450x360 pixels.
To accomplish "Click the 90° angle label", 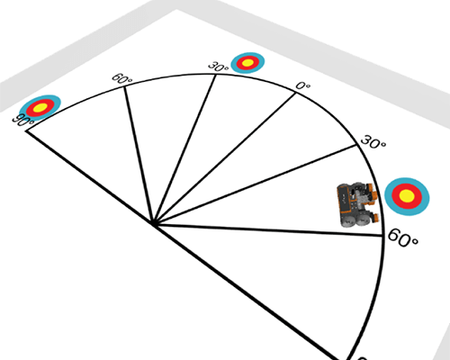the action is click(x=23, y=121).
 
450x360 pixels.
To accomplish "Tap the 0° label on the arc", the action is click(x=303, y=86).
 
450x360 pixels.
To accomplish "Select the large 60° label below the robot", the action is click(x=402, y=238).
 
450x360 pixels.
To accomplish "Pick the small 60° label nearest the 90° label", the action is click(x=121, y=79).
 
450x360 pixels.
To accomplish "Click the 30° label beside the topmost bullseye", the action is click(x=219, y=67).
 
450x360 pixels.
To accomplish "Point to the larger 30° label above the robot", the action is click(x=373, y=142).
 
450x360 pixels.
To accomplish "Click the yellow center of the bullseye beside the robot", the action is click(x=407, y=196).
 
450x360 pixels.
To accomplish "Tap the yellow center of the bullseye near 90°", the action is click(x=40, y=107).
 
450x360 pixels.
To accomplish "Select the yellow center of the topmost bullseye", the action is click(x=247, y=63).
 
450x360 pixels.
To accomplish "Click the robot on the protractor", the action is click(x=357, y=204).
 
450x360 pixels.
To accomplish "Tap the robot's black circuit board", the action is click(x=345, y=201).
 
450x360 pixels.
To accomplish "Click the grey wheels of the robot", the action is click(x=356, y=220).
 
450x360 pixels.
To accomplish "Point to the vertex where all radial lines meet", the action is click(x=154, y=223).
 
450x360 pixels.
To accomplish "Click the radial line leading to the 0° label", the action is click(x=225, y=158).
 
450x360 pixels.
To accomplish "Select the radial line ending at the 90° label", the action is click(x=90, y=177).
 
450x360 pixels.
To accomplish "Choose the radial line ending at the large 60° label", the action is click(x=268, y=230).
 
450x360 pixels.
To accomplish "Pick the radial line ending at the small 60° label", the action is click(x=139, y=155).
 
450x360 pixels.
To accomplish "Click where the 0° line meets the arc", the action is click(x=296, y=94).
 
